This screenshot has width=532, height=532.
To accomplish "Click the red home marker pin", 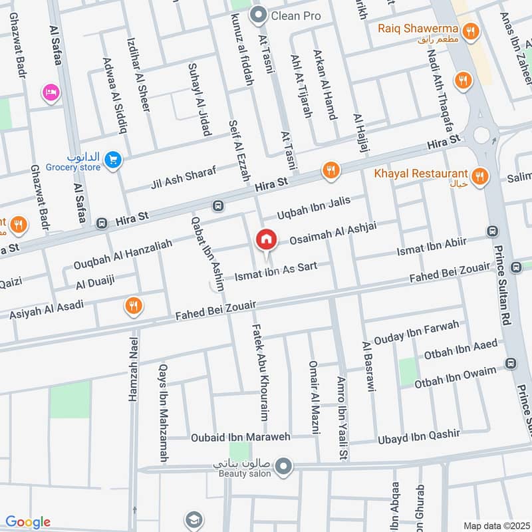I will coord(266,239).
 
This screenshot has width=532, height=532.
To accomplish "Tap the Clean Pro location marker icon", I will coord(258,14).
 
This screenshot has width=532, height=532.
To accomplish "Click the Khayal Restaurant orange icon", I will coord(479,176).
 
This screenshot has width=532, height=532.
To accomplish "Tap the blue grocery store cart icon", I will coord(113,159).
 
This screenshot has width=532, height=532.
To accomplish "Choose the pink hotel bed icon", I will coord(50,92).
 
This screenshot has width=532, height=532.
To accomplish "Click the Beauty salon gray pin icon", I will coord(284,465).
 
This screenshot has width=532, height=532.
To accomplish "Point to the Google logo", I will coord(28,522).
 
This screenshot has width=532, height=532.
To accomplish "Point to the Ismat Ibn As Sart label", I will coord(275,271).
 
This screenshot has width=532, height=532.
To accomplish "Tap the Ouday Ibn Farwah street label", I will coord(416,331).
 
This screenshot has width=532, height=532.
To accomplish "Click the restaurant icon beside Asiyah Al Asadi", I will coord(134,306).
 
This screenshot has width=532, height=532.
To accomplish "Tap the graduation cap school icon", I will coord(194,519).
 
